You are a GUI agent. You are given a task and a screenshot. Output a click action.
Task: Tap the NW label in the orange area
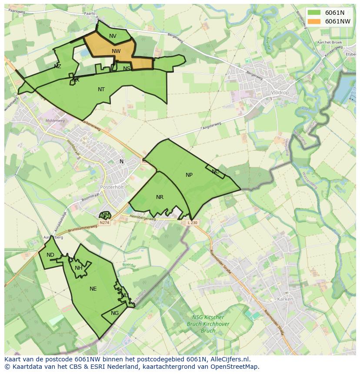(116, 51)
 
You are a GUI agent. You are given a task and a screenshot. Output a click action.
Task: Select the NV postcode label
(113, 36)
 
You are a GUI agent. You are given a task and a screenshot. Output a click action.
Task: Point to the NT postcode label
(101, 89)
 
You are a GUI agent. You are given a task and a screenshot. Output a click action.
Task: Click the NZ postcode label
(57, 66)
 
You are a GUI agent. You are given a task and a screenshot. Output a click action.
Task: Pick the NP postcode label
(189, 175)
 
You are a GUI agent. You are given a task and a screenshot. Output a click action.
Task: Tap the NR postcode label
(160, 197)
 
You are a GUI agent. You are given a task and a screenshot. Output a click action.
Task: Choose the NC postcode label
(216, 172)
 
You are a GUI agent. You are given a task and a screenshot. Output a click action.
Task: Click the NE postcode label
(93, 289)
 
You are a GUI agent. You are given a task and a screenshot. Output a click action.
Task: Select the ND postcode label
(50, 255)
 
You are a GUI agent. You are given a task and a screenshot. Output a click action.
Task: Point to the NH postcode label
(78, 268)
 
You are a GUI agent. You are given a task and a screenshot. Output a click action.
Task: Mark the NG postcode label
(115, 313)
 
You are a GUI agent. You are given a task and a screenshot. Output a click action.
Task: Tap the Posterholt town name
(112, 187)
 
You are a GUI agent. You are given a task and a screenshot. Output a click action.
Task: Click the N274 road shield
(104, 223)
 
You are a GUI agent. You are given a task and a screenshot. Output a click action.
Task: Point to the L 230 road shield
(192, 223)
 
